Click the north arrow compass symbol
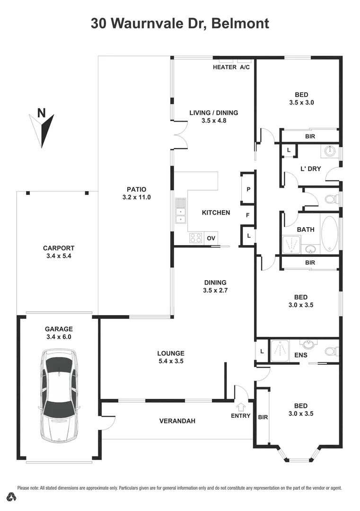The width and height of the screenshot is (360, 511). [43, 128]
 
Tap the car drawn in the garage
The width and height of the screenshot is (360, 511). [59, 395]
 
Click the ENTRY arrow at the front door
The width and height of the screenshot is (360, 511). [241, 406]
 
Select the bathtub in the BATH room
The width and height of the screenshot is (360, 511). [329, 234]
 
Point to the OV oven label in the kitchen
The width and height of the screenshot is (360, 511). [211, 238]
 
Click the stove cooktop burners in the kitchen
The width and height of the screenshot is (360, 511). [196, 238]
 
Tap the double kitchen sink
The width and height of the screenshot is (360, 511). [180, 211]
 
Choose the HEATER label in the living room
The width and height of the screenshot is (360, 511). [224, 67]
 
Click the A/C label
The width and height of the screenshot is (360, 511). [245, 67]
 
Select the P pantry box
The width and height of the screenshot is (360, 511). [248, 188]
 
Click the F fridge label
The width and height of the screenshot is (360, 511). [247, 215]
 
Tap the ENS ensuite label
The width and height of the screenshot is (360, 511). [300, 354]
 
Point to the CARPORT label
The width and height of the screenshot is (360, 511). [59, 248]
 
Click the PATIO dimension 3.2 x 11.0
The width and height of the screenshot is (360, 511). [136, 197]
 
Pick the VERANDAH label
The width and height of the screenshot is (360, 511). [177, 421]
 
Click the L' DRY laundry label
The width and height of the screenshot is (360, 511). [311, 169]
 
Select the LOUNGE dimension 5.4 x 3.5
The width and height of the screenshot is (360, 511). [170, 361]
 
